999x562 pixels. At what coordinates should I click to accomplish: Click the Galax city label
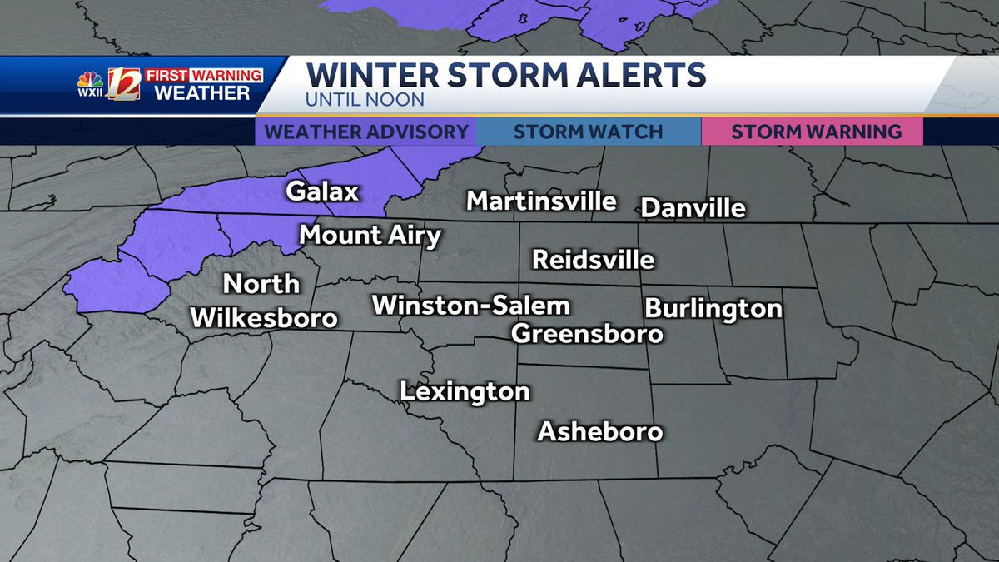tap(322, 191)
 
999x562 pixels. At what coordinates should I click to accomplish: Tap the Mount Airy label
tap(370, 236)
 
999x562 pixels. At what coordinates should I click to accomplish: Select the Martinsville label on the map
tap(541, 201)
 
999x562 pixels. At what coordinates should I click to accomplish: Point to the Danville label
tap(693, 208)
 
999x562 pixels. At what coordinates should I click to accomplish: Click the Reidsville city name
tap(594, 260)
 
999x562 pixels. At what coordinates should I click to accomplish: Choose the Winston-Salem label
tap(470, 306)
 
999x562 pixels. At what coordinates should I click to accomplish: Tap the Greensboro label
tap(587, 334)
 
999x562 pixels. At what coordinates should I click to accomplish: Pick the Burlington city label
tap(713, 308)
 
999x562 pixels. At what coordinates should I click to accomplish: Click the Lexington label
tap(465, 391)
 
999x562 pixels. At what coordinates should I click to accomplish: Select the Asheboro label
tap(599, 431)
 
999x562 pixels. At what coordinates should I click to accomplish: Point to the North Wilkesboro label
tap(264, 301)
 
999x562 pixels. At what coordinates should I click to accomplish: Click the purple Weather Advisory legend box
tap(366, 132)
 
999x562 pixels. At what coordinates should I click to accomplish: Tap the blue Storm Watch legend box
tap(588, 132)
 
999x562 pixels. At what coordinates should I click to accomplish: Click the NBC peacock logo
tap(90, 80)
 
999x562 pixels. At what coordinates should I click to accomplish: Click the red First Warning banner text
tap(204, 75)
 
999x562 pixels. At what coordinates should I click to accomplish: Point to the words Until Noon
tap(365, 100)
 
